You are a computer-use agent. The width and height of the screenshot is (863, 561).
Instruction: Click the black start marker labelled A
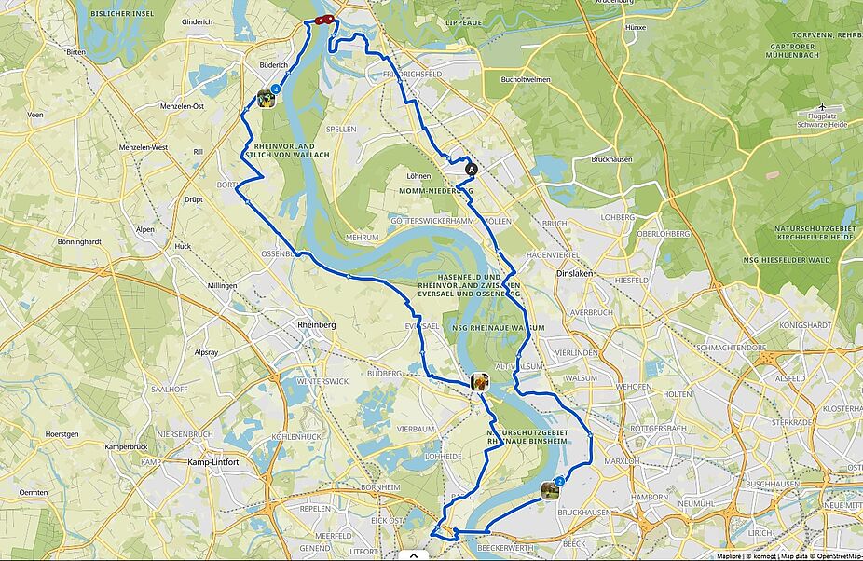pyautogui.click(x=471, y=170)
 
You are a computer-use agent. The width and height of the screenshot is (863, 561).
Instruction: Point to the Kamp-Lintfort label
pyautogui.click(x=213, y=463)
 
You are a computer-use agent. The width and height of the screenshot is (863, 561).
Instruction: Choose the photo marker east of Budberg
pyautogui.click(x=480, y=381)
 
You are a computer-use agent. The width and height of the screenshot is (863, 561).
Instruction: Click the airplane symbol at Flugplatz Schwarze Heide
pyautogui.click(x=822, y=106)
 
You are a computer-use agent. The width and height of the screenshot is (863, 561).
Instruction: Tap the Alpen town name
pyautogui.click(x=145, y=228)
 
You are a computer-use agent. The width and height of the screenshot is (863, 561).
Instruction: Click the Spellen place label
pyautogui.click(x=341, y=130)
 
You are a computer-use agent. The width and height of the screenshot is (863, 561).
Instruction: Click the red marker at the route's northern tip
pyautogui.click(x=323, y=20)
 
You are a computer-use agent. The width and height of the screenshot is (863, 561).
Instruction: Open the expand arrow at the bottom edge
pyautogui.click(x=413, y=554)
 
